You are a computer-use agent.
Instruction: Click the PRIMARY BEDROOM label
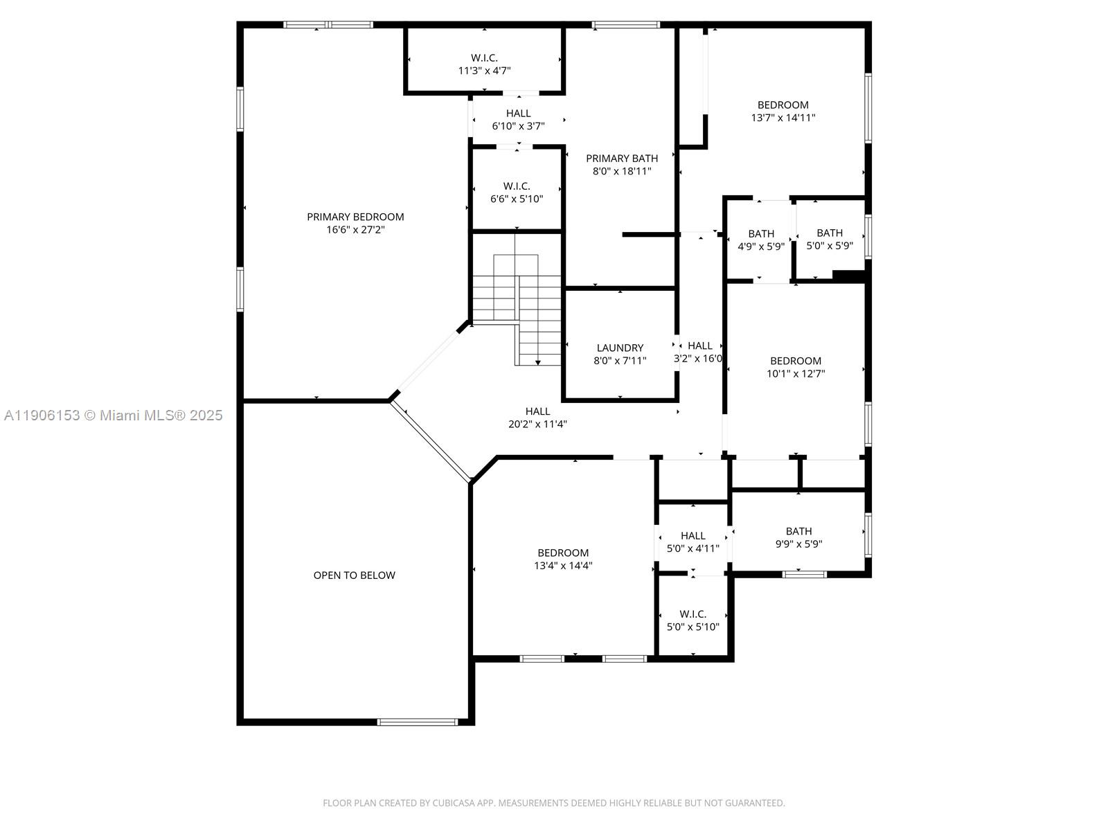(355, 217)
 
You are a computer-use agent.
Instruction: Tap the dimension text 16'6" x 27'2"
(355, 230)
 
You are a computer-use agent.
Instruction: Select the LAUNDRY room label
(620, 348)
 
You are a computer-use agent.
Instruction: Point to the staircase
(526, 305)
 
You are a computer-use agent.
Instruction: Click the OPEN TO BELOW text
(354, 575)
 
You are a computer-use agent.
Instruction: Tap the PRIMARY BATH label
(622, 159)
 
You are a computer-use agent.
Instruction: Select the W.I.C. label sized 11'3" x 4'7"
(484, 58)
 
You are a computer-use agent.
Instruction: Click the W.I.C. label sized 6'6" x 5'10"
(517, 186)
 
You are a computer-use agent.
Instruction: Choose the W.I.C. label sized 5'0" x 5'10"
(692, 614)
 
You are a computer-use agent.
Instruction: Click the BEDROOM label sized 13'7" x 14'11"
(783, 105)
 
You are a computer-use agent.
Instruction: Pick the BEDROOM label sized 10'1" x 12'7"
(796, 361)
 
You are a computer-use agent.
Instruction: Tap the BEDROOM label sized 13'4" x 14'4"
(563, 553)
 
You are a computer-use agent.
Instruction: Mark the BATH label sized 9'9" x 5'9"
(798, 531)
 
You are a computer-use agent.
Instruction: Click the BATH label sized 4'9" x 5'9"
(761, 234)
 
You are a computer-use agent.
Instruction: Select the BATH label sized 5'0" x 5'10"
(830, 233)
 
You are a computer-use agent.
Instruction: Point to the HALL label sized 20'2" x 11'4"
(537, 411)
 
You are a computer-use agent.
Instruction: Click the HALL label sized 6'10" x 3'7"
(518, 114)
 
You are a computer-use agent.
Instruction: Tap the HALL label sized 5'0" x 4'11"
(692, 535)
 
